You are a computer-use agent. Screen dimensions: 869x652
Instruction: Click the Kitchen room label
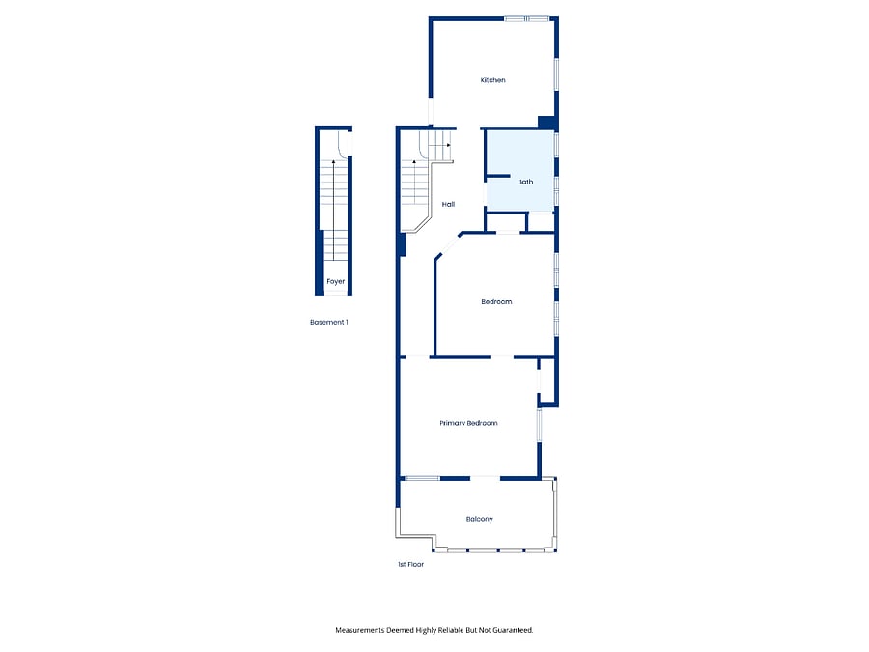pyautogui.click(x=492, y=80)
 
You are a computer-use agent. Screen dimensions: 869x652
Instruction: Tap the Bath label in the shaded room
pyautogui.click(x=525, y=182)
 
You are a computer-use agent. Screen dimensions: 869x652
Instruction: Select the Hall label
pyautogui.click(x=448, y=204)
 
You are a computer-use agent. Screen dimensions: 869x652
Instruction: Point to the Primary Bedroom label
pyautogui.click(x=468, y=424)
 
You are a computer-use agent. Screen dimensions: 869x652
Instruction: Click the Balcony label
pyautogui.click(x=479, y=519)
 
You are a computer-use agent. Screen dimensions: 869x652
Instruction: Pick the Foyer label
pyautogui.click(x=335, y=282)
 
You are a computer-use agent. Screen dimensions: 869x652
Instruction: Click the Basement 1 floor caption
pyautogui.click(x=329, y=322)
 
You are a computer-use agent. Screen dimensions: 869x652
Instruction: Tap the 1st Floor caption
pyautogui.click(x=410, y=564)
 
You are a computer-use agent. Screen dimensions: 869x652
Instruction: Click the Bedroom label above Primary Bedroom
pyautogui.click(x=496, y=302)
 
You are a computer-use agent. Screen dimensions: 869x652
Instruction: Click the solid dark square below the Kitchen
pyautogui.click(x=547, y=123)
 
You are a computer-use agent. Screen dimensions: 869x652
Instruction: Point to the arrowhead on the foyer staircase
pyautogui.click(x=334, y=162)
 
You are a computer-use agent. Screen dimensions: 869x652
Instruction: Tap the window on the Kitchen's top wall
pyautogui.click(x=526, y=19)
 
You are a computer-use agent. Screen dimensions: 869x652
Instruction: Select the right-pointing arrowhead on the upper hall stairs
pyautogui.click(x=448, y=145)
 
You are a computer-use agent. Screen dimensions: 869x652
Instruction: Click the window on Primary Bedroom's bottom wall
pyautogui.click(x=423, y=478)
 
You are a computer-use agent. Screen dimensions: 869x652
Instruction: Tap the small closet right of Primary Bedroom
pyautogui.click(x=547, y=382)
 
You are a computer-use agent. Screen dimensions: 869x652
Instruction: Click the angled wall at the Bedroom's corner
pyautogui.click(x=448, y=245)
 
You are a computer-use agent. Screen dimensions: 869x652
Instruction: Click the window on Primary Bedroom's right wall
pyautogui.click(x=539, y=426)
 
